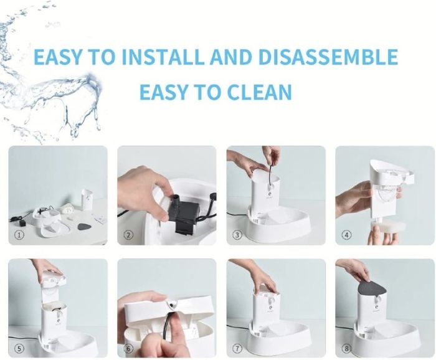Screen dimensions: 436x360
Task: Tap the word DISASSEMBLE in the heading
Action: pyautogui.click(x=328, y=57)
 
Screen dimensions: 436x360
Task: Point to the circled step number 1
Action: pyautogui.click(x=19, y=235)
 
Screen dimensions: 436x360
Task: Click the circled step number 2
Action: pyautogui.click(x=128, y=235)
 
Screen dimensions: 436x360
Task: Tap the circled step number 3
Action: pyautogui.click(x=237, y=235)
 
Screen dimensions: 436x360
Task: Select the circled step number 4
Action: pyautogui.click(x=346, y=235)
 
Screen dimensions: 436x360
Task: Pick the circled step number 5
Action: pyautogui.click(x=19, y=348)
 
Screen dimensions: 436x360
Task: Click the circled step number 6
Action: pyautogui.click(x=128, y=348)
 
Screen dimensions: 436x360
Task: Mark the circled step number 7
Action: pyautogui.click(x=237, y=348)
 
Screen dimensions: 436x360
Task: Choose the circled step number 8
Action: pyautogui.click(x=346, y=348)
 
